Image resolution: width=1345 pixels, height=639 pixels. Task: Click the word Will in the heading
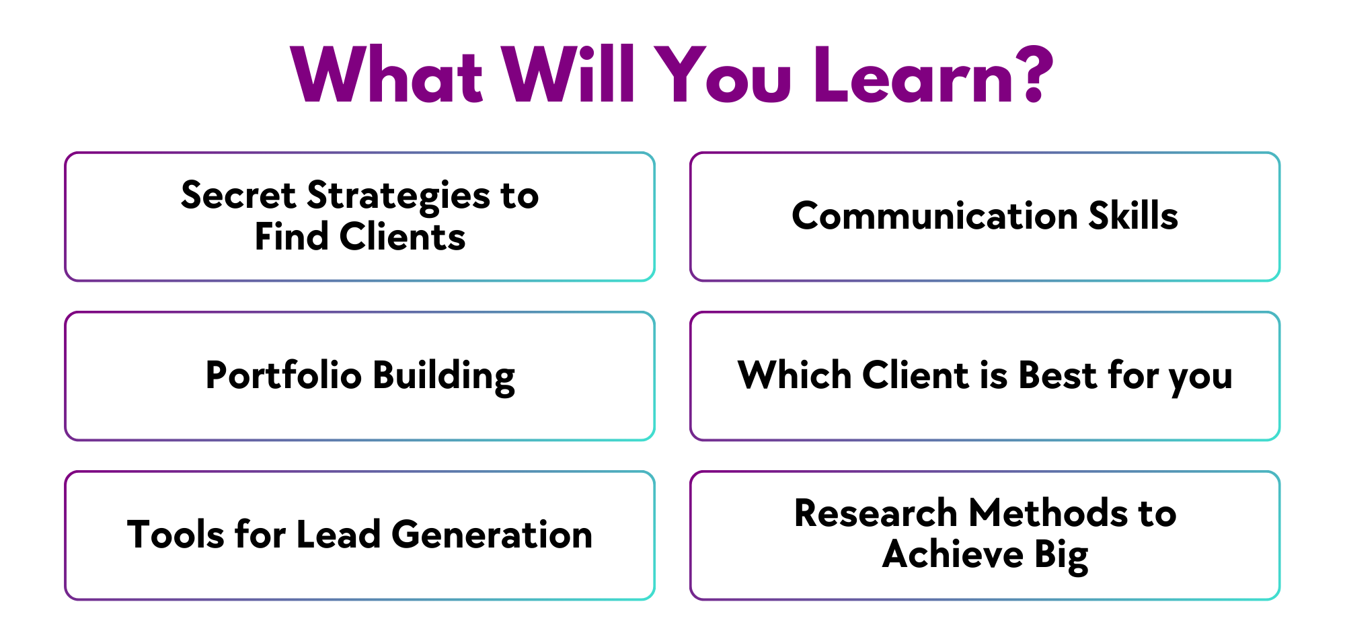pyautogui.click(x=569, y=75)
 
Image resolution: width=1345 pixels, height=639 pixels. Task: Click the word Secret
pyautogui.click(x=239, y=196)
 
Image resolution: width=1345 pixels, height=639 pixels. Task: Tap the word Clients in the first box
pyautogui.click(x=402, y=237)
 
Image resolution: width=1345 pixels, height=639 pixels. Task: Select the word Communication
pyautogui.click(x=935, y=216)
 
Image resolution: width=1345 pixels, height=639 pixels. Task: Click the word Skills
pyautogui.click(x=1133, y=215)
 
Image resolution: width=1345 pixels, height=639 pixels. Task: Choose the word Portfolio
pyautogui.click(x=284, y=375)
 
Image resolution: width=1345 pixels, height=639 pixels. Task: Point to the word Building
pyautogui.click(x=444, y=377)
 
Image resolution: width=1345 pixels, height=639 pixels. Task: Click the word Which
pyautogui.click(x=795, y=375)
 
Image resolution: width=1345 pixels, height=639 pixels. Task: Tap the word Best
pyautogui.click(x=1058, y=375)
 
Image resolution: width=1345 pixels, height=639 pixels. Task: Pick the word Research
pyautogui.click(x=876, y=513)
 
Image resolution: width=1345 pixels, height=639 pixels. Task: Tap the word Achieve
pyautogui.click(x=952, y=554)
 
